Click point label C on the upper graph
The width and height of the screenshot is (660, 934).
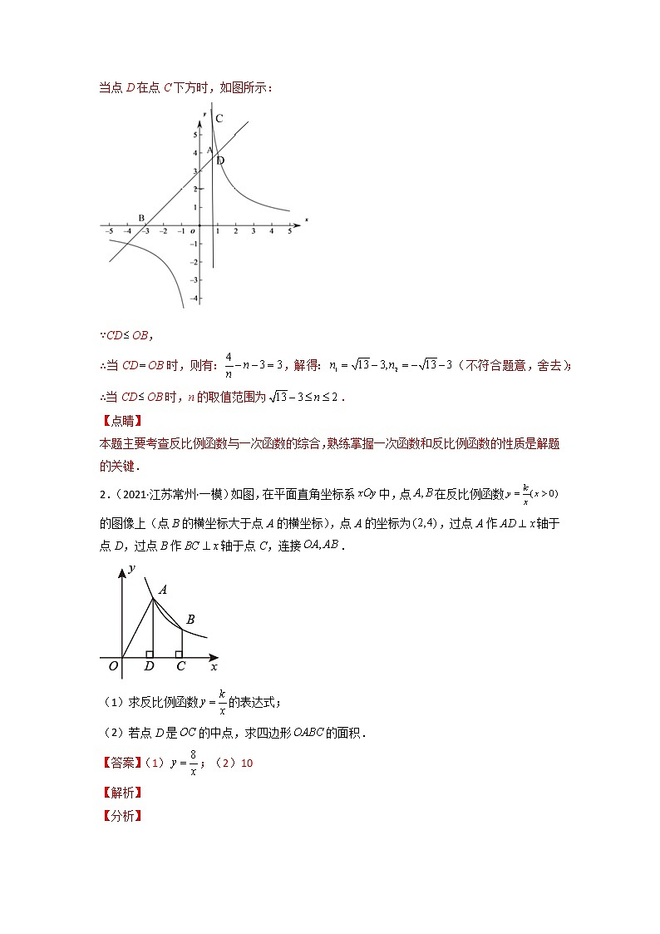(219, 119)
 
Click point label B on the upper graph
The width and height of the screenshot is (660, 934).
(141, 218)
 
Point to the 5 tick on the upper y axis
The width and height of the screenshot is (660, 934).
(195, 135)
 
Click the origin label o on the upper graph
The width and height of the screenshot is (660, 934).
(192, 231)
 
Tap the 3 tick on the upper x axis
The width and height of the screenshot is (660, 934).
(254, 231)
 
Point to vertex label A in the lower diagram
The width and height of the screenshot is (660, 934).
(163, 590)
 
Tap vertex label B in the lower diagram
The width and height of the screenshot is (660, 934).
(190, 619)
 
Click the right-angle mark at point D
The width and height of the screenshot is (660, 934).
(149, 654)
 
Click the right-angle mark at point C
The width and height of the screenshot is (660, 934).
(179, 654)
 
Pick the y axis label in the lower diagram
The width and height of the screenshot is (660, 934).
(131, 569)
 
